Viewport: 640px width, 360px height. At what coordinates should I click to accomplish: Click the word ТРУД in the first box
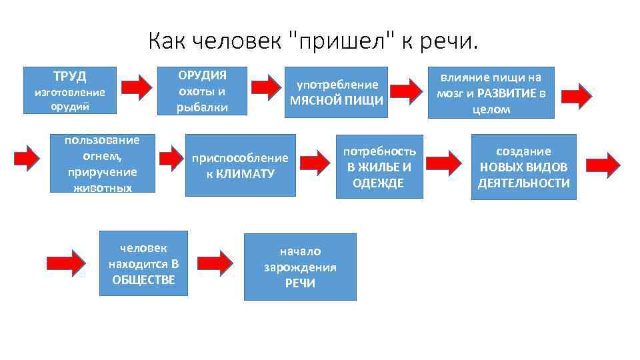tap(70, 77)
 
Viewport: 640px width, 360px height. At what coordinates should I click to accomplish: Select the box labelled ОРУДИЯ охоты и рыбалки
tap(202, 91)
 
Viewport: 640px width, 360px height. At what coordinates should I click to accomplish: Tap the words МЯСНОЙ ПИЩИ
tap(337, 101)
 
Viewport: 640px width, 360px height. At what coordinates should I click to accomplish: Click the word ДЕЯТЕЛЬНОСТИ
tap(524, 183)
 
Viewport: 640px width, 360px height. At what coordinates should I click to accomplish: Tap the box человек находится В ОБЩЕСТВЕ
tap(143, 263)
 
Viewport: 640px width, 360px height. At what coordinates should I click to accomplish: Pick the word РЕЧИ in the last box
tap(300, 283)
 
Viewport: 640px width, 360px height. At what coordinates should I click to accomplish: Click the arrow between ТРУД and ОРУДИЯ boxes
tap(139, 87)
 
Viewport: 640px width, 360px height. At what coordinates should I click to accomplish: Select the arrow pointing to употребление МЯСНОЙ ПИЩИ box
tap(267, 87)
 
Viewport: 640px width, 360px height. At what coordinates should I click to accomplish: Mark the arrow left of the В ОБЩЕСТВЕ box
tap(67, 261)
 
